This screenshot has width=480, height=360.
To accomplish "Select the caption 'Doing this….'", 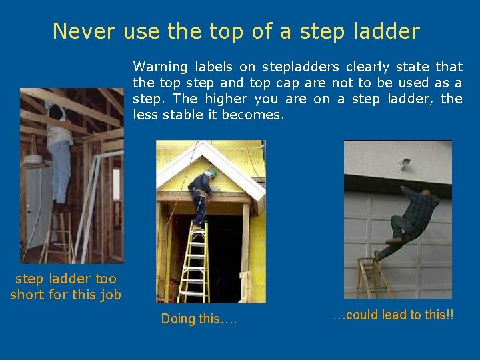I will (199, 319).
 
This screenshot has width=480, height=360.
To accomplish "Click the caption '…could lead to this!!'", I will (393, 315).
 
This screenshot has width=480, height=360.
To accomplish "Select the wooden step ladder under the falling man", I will (373, 277).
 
